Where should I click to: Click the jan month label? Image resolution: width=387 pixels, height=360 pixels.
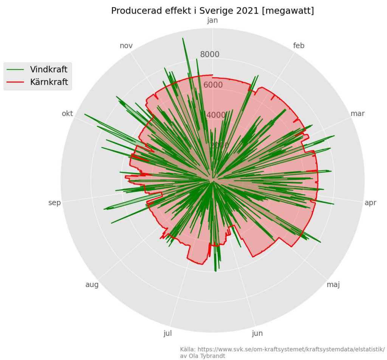pyautogui.click(x=213, y=20)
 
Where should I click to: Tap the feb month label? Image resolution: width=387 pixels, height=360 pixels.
pyautogui.click(x=299, y=46)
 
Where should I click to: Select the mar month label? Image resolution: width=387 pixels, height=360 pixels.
pyautogui.click(x=358, y=113)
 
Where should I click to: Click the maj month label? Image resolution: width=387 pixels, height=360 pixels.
pyautogui.click(x=333, y=284)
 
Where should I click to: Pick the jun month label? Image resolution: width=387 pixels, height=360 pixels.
pyautogui.click(x=257, y=333)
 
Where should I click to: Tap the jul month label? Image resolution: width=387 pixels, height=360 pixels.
pyautogui.click(x=167, y=333)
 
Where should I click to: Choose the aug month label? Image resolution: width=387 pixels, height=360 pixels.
pyautogui.click(x=92, y=284)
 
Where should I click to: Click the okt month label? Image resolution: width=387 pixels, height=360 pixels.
pyautogui.click(x=67, y=114)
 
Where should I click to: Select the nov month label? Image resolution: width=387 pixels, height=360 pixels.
pyautogui.click(x=126, y=46)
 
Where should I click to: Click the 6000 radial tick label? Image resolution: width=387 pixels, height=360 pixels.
pyautogui.click(x=213, y=85)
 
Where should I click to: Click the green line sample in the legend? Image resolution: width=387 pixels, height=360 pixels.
pyautogui.click(x=16, y=70)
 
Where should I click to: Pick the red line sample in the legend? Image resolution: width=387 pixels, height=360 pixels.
pyautogui.click(x=16, y=82)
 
